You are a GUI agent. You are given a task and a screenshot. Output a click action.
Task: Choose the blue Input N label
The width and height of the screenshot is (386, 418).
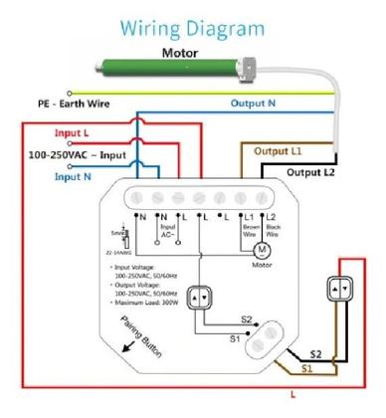tap(74, 177)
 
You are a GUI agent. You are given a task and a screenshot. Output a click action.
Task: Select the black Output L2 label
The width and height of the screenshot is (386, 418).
tap(306, 171)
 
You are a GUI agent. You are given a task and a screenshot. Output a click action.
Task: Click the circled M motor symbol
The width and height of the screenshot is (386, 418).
tap(262, 247)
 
